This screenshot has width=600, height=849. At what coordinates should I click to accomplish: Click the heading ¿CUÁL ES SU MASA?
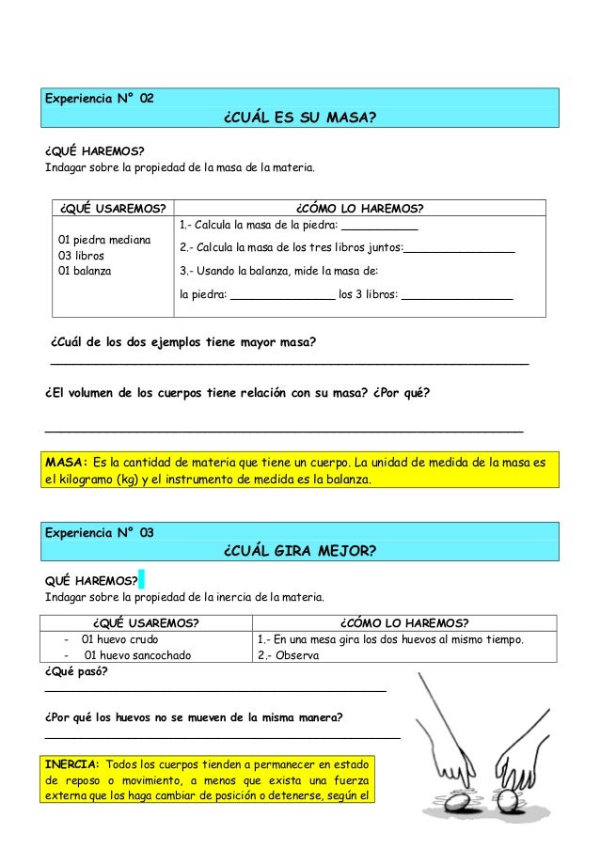coord(300,119)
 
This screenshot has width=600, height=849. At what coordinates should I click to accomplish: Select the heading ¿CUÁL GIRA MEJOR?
coord(300,550)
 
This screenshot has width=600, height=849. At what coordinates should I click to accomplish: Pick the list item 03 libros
coord(82,255)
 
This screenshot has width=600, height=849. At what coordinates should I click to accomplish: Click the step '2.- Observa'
coord(288,655)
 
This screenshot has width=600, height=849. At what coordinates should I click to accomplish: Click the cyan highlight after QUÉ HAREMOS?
coord(141,578)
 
